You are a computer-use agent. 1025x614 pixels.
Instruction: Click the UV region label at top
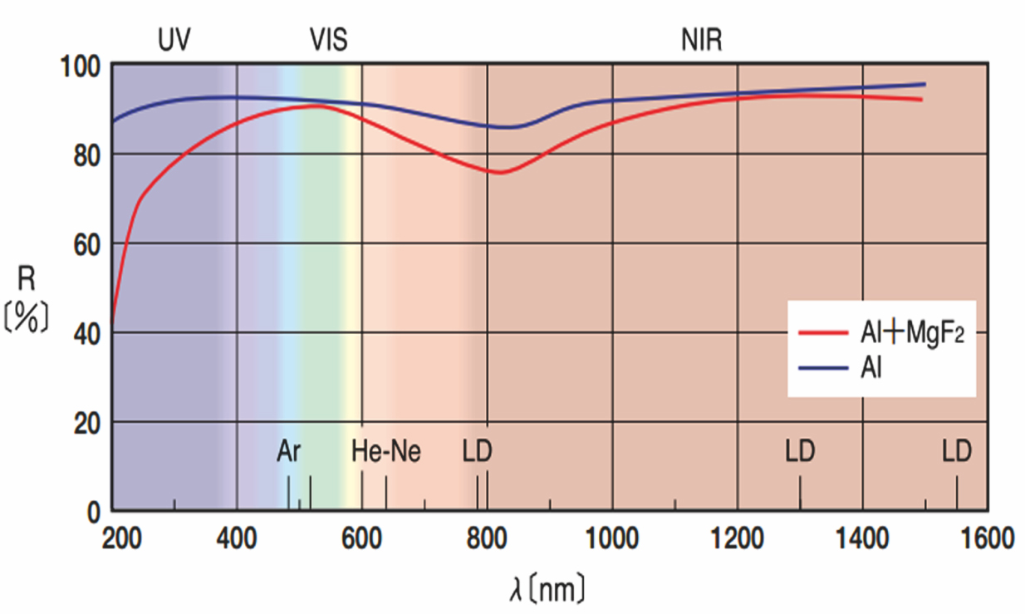[x=174, y=41]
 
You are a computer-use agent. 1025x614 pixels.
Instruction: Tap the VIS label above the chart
[x=328, y=41]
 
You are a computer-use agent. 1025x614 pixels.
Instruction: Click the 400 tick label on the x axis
[x=237, y=539]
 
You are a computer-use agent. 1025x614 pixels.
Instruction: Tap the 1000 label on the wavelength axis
[x=612, y=539]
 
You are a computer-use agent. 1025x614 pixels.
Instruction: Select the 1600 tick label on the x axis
[x=986, y=539]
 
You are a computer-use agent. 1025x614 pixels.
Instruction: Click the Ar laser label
[x=289, y=452]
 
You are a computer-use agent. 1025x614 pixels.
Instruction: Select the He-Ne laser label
[x=385, y=452]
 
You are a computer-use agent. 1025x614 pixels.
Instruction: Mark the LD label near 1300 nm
[x=800, y=452]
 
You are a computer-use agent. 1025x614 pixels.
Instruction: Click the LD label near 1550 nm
[x=957, y=452]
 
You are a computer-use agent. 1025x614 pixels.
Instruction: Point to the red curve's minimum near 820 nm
[x=501, y=172]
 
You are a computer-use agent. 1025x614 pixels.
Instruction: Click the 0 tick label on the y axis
[x=93, y=513]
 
